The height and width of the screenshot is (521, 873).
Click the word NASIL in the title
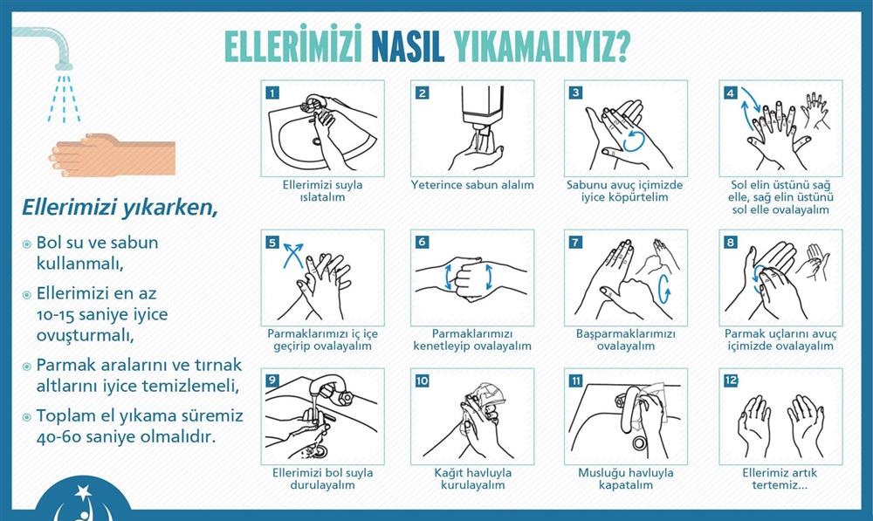408,46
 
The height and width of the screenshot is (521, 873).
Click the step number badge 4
731,93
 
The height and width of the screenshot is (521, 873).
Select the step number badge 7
575,242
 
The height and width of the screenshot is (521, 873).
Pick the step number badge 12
731,380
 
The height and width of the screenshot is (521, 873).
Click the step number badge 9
272,380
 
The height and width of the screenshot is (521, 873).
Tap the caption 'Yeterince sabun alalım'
472,185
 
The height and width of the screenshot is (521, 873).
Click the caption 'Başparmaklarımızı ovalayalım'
626,339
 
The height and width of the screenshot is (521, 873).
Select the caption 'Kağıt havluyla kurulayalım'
472,479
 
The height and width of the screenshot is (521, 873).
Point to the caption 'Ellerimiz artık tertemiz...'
780,479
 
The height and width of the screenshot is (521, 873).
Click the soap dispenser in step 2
483,108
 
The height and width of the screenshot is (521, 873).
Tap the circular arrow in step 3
634,141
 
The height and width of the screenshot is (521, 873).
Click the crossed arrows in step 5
293,256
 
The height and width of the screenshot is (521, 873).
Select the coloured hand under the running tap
112,154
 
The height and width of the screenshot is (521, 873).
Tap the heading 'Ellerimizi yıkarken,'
120,208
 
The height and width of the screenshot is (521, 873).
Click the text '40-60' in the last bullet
57,436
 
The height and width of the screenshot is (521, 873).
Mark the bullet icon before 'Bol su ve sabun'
26,243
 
